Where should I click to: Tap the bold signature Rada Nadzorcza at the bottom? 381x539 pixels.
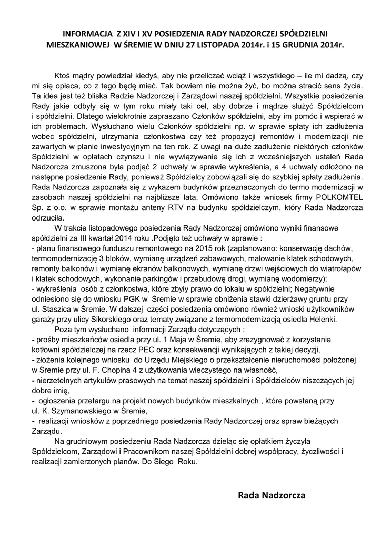pos(272,495)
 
